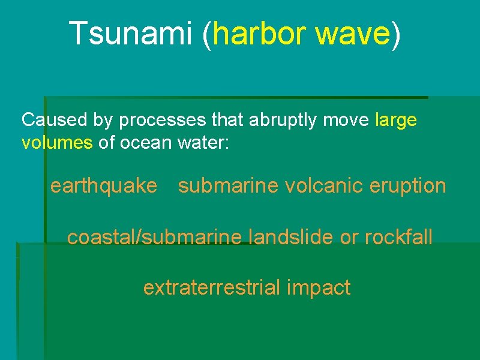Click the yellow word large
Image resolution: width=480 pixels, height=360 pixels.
[395, 120]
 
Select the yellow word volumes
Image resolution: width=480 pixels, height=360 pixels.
[57, 144]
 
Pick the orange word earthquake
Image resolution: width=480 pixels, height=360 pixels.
[103, 186]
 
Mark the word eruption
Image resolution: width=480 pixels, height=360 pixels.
[409, 186]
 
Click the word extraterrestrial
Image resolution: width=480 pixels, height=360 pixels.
[212, 288]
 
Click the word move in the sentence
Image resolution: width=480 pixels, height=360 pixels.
[348, 120]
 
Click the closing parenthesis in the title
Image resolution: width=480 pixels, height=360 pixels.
[395, 34]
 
